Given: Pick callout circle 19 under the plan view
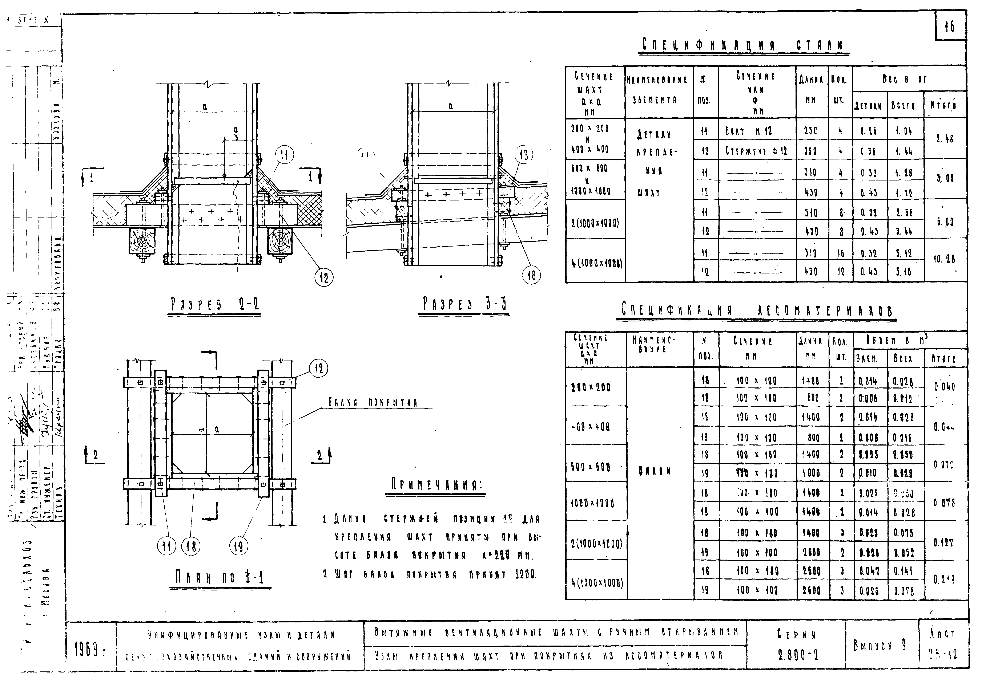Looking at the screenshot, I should [x=239, y=546].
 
